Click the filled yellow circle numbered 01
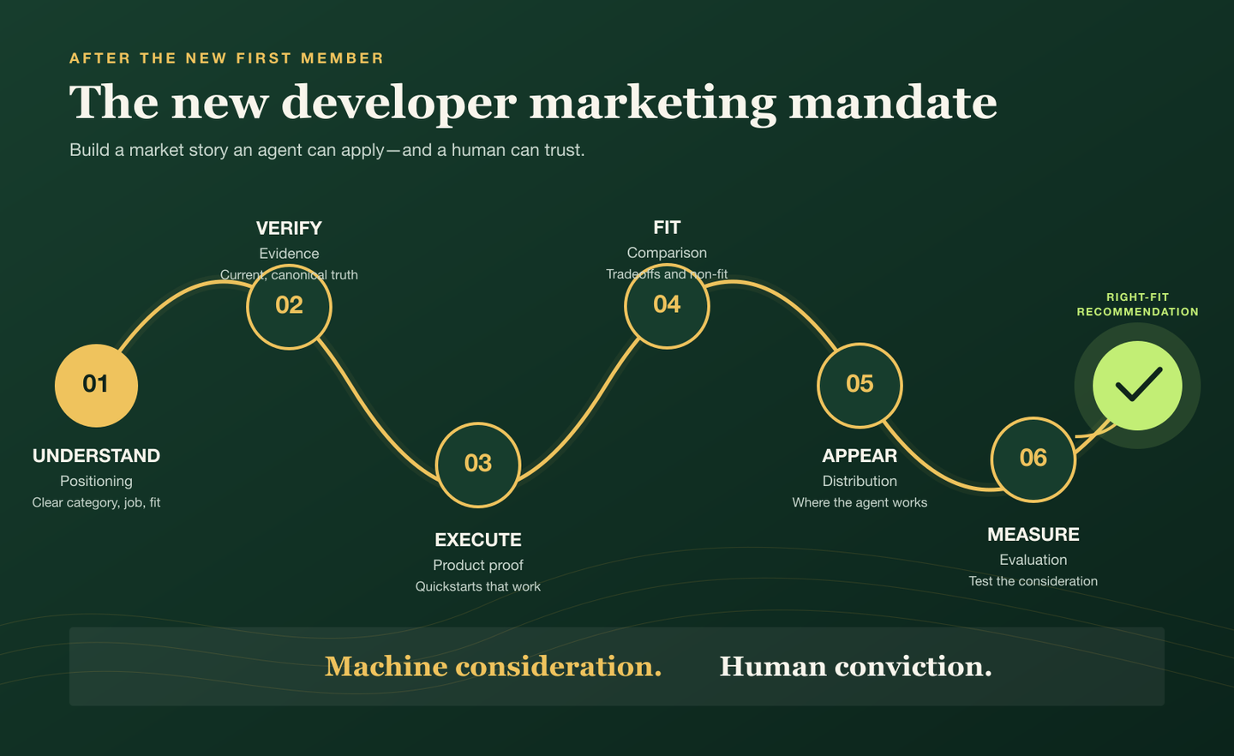96,385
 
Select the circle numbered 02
290,306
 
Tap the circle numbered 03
478,465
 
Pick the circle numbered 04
667,306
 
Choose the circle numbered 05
860,385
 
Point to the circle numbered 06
1033,459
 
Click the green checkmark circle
1138,386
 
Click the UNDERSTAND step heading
96,456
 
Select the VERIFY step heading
290,228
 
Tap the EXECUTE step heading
478,539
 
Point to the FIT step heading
667,228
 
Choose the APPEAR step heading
860,456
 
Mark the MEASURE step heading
1033,535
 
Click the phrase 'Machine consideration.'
493,667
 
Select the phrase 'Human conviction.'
855,667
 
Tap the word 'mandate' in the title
893,103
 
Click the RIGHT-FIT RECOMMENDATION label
1138,305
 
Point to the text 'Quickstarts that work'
478,586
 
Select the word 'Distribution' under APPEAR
860,481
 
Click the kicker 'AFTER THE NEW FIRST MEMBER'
226,58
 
